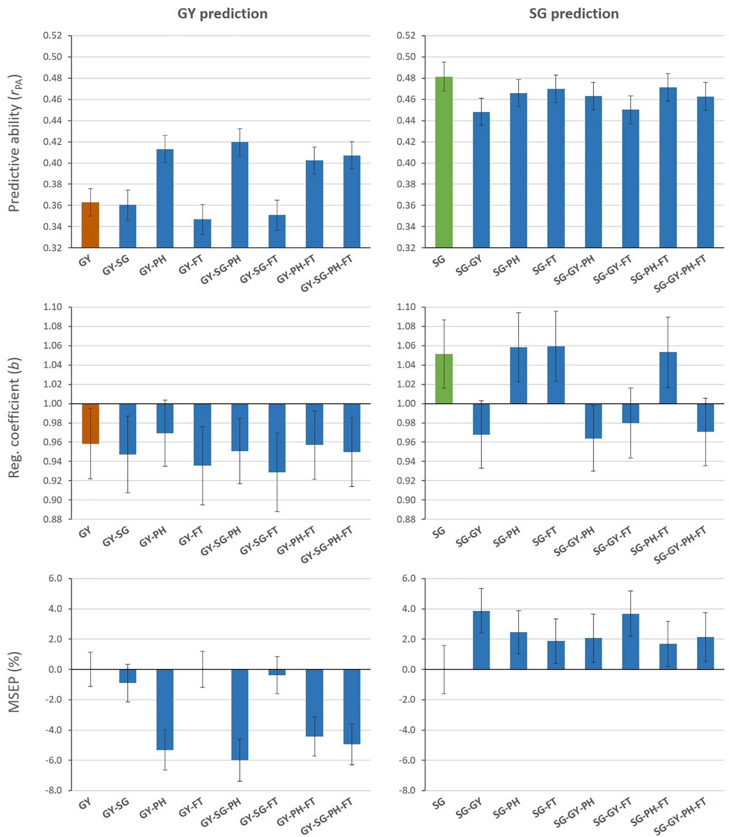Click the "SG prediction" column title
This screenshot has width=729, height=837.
574,14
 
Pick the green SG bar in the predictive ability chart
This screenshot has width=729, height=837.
444,163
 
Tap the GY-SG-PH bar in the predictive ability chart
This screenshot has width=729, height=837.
240,195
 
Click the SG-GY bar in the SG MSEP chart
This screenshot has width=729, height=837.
481,640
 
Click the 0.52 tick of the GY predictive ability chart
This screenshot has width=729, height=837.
53,36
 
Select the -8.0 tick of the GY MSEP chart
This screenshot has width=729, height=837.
53,790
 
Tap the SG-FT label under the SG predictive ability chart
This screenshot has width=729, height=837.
544,265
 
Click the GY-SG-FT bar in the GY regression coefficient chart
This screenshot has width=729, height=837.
277,438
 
